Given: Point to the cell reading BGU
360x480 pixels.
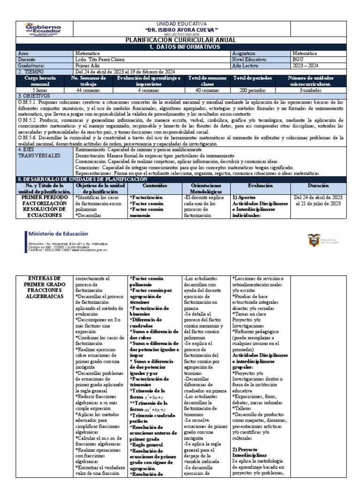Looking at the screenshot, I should pyautogui.click(x=298, y=60).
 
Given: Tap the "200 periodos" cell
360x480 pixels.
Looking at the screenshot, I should pyautogui.click(x=253, y=89).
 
